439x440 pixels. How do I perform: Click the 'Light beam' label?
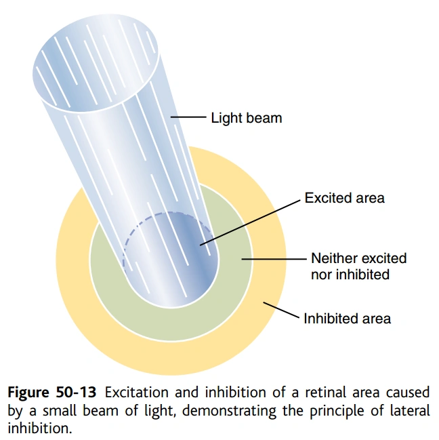click(246, 118)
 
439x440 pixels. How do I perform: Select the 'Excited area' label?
click(344, 198)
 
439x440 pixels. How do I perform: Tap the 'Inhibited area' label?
click(347, 317)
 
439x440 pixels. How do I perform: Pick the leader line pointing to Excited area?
click(251, 220)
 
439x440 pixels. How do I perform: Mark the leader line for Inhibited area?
click(281, 311)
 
